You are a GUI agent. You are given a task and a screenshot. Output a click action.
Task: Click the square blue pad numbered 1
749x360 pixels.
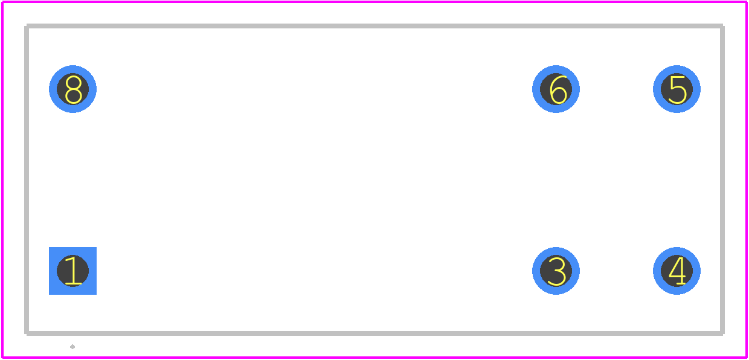[x=72, y=271]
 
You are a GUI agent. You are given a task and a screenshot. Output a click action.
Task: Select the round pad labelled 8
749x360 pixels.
[x=72, y=89]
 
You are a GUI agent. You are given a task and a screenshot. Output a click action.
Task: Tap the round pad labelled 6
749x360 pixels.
[x=556, y=89]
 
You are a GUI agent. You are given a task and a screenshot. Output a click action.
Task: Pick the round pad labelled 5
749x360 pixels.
[x=677, y=89]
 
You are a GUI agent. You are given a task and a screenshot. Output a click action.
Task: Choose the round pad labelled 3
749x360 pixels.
[x=556, y=271]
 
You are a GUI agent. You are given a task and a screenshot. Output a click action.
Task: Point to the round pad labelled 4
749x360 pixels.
[x=677, y=271]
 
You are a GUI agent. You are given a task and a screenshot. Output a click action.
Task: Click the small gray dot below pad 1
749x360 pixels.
[x=72, y=347]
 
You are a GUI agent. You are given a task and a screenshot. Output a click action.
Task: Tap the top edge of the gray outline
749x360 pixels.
[x=374, y=26]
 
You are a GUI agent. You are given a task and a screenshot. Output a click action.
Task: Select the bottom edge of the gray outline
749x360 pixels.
[x=374, y=333]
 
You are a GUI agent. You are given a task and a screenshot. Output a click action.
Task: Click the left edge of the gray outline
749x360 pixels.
[x=27, y=180]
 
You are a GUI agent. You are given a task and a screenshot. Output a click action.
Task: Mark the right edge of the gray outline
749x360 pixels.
[x=722, y=180]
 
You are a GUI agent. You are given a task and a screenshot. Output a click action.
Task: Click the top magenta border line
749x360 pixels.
[x=374, y=2]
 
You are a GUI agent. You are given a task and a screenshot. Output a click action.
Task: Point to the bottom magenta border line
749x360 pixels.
[x=374, y=358]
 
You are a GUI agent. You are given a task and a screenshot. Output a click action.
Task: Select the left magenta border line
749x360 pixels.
[x=2, y=180]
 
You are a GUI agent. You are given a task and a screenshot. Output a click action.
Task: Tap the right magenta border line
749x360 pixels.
[x=747, y=180]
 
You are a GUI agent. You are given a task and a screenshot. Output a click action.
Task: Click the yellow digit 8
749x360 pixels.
[x=73, y=89]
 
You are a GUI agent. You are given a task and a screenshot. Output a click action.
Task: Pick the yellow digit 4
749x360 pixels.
[x=678, y=271]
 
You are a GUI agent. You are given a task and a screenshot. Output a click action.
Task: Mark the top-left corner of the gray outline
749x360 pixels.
[x=27, y=26]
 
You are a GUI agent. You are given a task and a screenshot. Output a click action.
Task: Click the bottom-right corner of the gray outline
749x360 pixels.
[x=722, y=333]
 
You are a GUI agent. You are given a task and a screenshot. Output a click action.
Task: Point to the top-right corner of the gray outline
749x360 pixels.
[x=722, y=26]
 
